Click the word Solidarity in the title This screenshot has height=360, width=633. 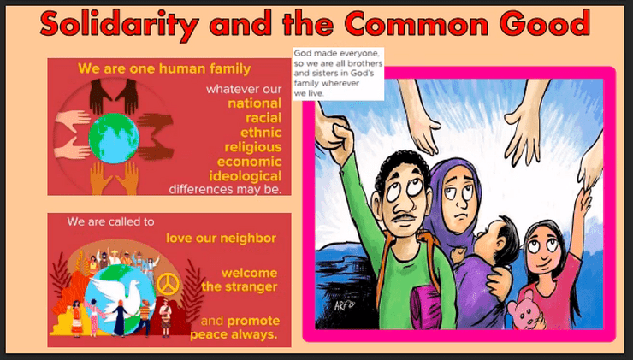(x=120, y=24)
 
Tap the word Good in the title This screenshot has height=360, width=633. (x=545, y=22)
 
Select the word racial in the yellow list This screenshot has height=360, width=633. (x=263, y=118)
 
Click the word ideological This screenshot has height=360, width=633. (x=246, y=176)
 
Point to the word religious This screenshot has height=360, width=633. (x=253, y=147)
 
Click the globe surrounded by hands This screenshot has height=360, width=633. (x=114, y=138)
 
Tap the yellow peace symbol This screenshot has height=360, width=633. (x=168, y=285)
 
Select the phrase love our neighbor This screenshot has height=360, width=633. (x=222, y=239)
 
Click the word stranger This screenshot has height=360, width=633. (x=251, y=287)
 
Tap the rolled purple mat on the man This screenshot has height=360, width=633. (x=424, y=306)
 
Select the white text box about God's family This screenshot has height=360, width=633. (x=338, y=74)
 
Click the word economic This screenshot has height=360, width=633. (x=250, y=162)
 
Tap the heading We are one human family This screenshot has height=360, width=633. (x=164, y=68)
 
